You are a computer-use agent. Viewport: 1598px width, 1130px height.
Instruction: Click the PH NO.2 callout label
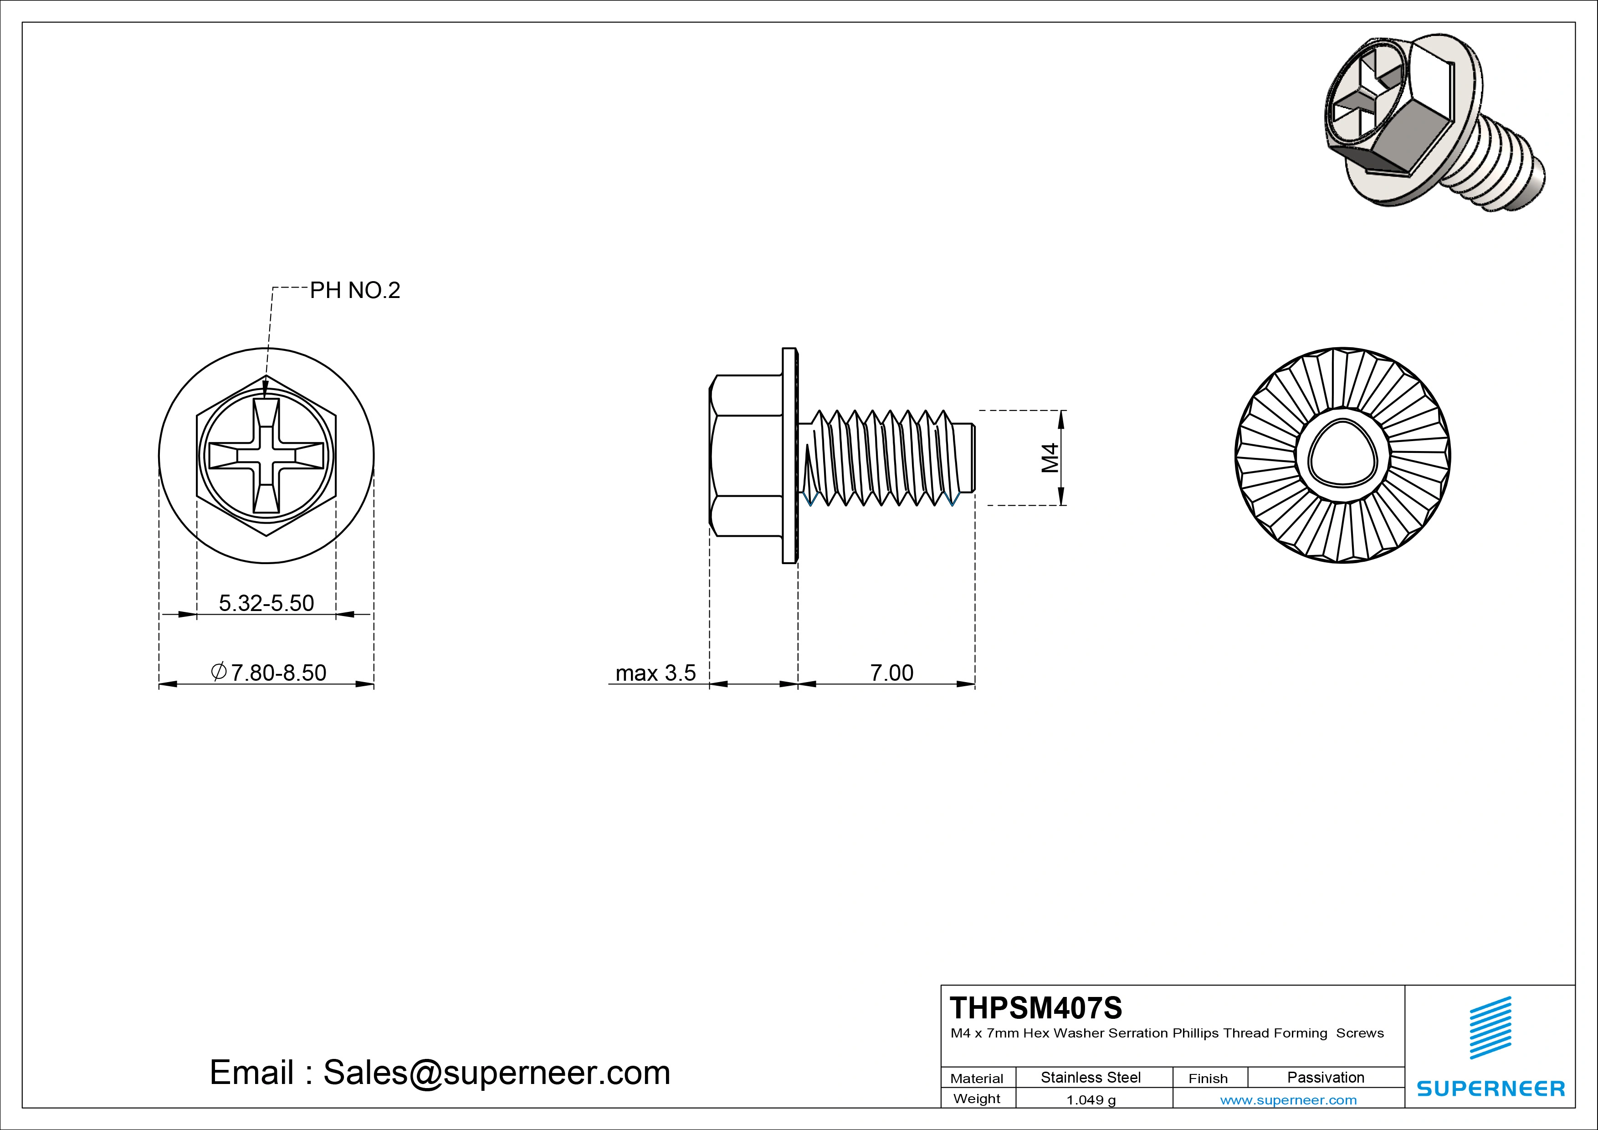tap(354, 290)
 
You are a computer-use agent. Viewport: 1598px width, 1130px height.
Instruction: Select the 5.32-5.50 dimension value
tap(266, 603)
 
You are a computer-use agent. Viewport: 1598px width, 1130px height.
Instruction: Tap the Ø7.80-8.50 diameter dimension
tap(269, 673)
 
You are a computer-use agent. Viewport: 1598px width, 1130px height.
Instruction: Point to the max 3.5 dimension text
tap(655, 673)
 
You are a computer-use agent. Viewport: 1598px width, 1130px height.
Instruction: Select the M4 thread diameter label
tap(1050, 457)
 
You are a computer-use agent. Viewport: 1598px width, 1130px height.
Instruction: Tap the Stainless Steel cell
tap(1090, 1077)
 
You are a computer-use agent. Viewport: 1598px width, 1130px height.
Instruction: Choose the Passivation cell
tap(1325, 1077)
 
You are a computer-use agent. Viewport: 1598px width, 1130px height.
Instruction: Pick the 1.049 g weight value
tap(1090, 1100)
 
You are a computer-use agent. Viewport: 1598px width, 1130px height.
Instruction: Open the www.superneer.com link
tap(1288, 1100)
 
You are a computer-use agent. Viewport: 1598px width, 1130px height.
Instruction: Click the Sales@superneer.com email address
tap(496, 1073)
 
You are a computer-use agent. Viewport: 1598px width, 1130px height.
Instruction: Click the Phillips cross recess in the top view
tap(266, 456)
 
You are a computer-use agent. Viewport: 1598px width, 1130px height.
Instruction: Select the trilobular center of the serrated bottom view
tap(1342, 456)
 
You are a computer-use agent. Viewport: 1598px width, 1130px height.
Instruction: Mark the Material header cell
tap(977, 1079)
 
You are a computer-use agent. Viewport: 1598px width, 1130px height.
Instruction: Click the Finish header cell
tap(1208, 1079)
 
